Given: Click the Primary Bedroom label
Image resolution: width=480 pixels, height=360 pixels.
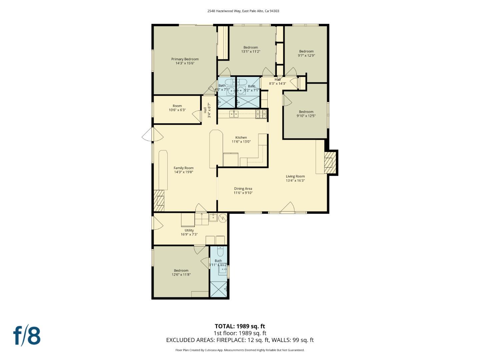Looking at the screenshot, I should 185,59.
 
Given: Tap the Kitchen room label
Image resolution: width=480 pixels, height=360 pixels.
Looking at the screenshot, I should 241,138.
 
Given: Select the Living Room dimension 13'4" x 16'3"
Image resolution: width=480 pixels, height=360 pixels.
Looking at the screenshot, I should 295,181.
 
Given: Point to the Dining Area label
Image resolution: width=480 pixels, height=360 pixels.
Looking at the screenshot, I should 243,189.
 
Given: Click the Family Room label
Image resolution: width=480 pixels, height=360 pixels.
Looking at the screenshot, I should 183,168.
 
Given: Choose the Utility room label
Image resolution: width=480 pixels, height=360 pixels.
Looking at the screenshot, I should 189,230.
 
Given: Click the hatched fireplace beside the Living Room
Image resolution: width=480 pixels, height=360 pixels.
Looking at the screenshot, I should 330,162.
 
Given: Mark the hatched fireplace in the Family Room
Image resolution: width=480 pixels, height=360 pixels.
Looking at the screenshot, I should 159,201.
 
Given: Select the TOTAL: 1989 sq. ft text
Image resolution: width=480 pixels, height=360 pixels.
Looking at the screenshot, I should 240,326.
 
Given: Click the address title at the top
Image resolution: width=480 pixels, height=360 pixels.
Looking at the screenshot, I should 243,11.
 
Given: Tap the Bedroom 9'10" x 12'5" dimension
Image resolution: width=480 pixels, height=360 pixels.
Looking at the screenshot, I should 306,116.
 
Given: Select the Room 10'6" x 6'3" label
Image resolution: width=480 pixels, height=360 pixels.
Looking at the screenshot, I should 177,108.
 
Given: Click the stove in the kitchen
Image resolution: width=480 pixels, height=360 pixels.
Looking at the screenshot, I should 262,114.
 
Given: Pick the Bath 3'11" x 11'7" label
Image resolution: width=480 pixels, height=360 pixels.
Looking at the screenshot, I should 218,263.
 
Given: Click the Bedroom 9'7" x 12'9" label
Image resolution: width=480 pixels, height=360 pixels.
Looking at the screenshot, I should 306,54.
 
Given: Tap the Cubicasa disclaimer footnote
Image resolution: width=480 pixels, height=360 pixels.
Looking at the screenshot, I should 240,350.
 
